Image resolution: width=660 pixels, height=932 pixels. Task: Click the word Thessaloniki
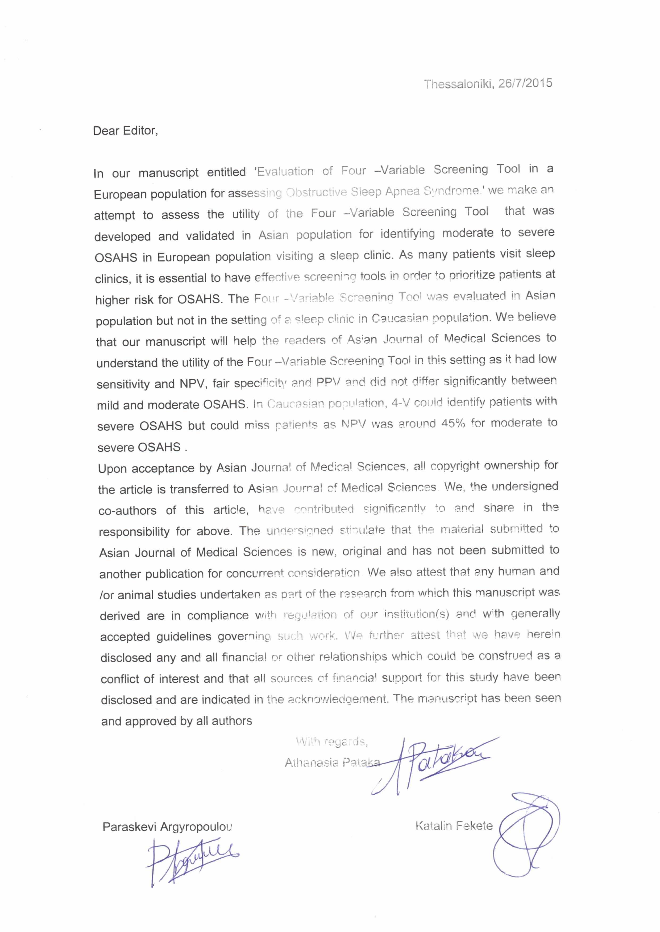tap(458, 84)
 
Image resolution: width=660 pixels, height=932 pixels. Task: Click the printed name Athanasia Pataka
tap(332, 763)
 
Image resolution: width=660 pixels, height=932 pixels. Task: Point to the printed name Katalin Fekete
tap(454, 826)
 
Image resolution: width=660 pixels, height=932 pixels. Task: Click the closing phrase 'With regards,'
tap(332, 742)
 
